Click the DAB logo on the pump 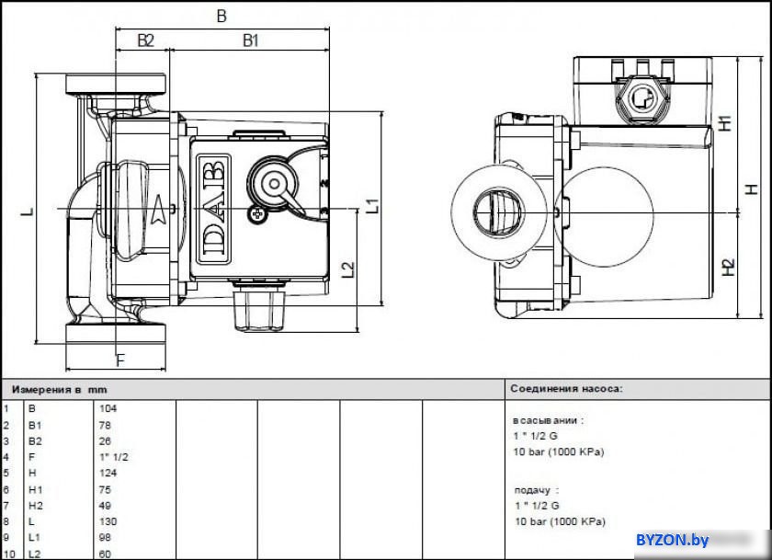(x=213, y=210)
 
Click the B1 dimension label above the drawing (x=251, y=40)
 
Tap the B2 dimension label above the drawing (x=146, y=40)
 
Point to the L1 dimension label (x=373, y=205)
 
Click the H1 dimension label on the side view (x=725, y=123)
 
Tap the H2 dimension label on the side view (x=728, y=268)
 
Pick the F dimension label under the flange (x=120, y=361)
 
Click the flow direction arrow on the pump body (x=158, y=211)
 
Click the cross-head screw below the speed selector (x=256, y=214)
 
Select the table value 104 (x=108, y=408)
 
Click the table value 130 (x=108, y=521)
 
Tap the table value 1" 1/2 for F (x=114, y=457)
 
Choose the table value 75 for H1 (x=105, y=489)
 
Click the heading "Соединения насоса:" (x=567, y=389)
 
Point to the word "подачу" (x=532, y=490)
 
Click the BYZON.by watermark (x=672, y=541)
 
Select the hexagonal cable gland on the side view (x=642, y=99)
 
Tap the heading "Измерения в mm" (x=59, y=390)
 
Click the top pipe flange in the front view (x=116, y=85)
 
